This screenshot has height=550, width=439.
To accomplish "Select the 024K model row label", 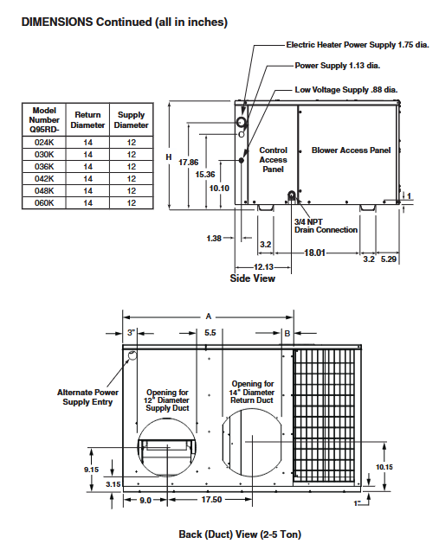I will tap(44, 142).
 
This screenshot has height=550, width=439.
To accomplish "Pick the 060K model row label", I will tap(44, 202).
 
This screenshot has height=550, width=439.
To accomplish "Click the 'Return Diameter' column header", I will tap(87, 120).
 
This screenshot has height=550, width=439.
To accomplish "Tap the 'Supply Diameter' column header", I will tap(131, 120).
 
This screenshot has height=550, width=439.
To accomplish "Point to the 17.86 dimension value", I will tap(188, 162).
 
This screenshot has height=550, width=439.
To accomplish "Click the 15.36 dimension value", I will tap(205, 174).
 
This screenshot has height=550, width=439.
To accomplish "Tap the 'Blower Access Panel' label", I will tap(351, 150).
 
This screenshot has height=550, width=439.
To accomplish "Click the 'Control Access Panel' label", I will tap(274, 159).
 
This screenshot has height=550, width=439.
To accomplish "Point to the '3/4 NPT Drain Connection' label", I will tap(326, 225).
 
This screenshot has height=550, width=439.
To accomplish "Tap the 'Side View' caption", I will tap(252, 278).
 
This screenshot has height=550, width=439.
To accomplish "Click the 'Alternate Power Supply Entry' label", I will tap(87, 397).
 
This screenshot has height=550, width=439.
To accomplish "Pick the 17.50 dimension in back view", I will tap(211, 500).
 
